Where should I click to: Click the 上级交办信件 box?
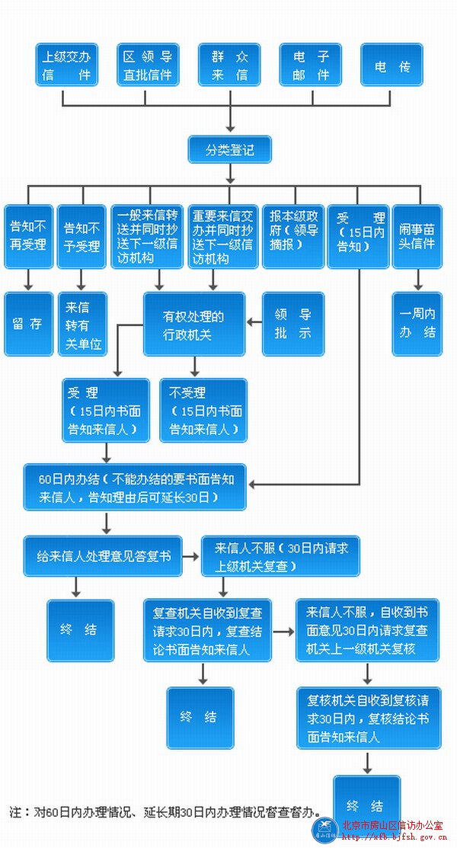(66, 65)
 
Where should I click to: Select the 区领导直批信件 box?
(148, 65)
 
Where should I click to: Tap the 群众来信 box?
(229, 65)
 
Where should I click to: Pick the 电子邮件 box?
(310, 65)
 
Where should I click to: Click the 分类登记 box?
(229, 150)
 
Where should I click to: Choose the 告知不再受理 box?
(28, 236)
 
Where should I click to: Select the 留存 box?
(28, 324)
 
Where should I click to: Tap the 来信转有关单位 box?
(82, 324)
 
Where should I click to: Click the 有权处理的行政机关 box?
(194, 324)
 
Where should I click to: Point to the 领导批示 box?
(293, 324)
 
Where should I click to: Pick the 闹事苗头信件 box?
(417, 236)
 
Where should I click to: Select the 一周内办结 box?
(417, 324)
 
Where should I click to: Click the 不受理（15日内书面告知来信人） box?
(203, 411)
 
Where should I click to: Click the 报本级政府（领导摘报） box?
(293, 236)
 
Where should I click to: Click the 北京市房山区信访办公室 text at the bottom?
(392, 824)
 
